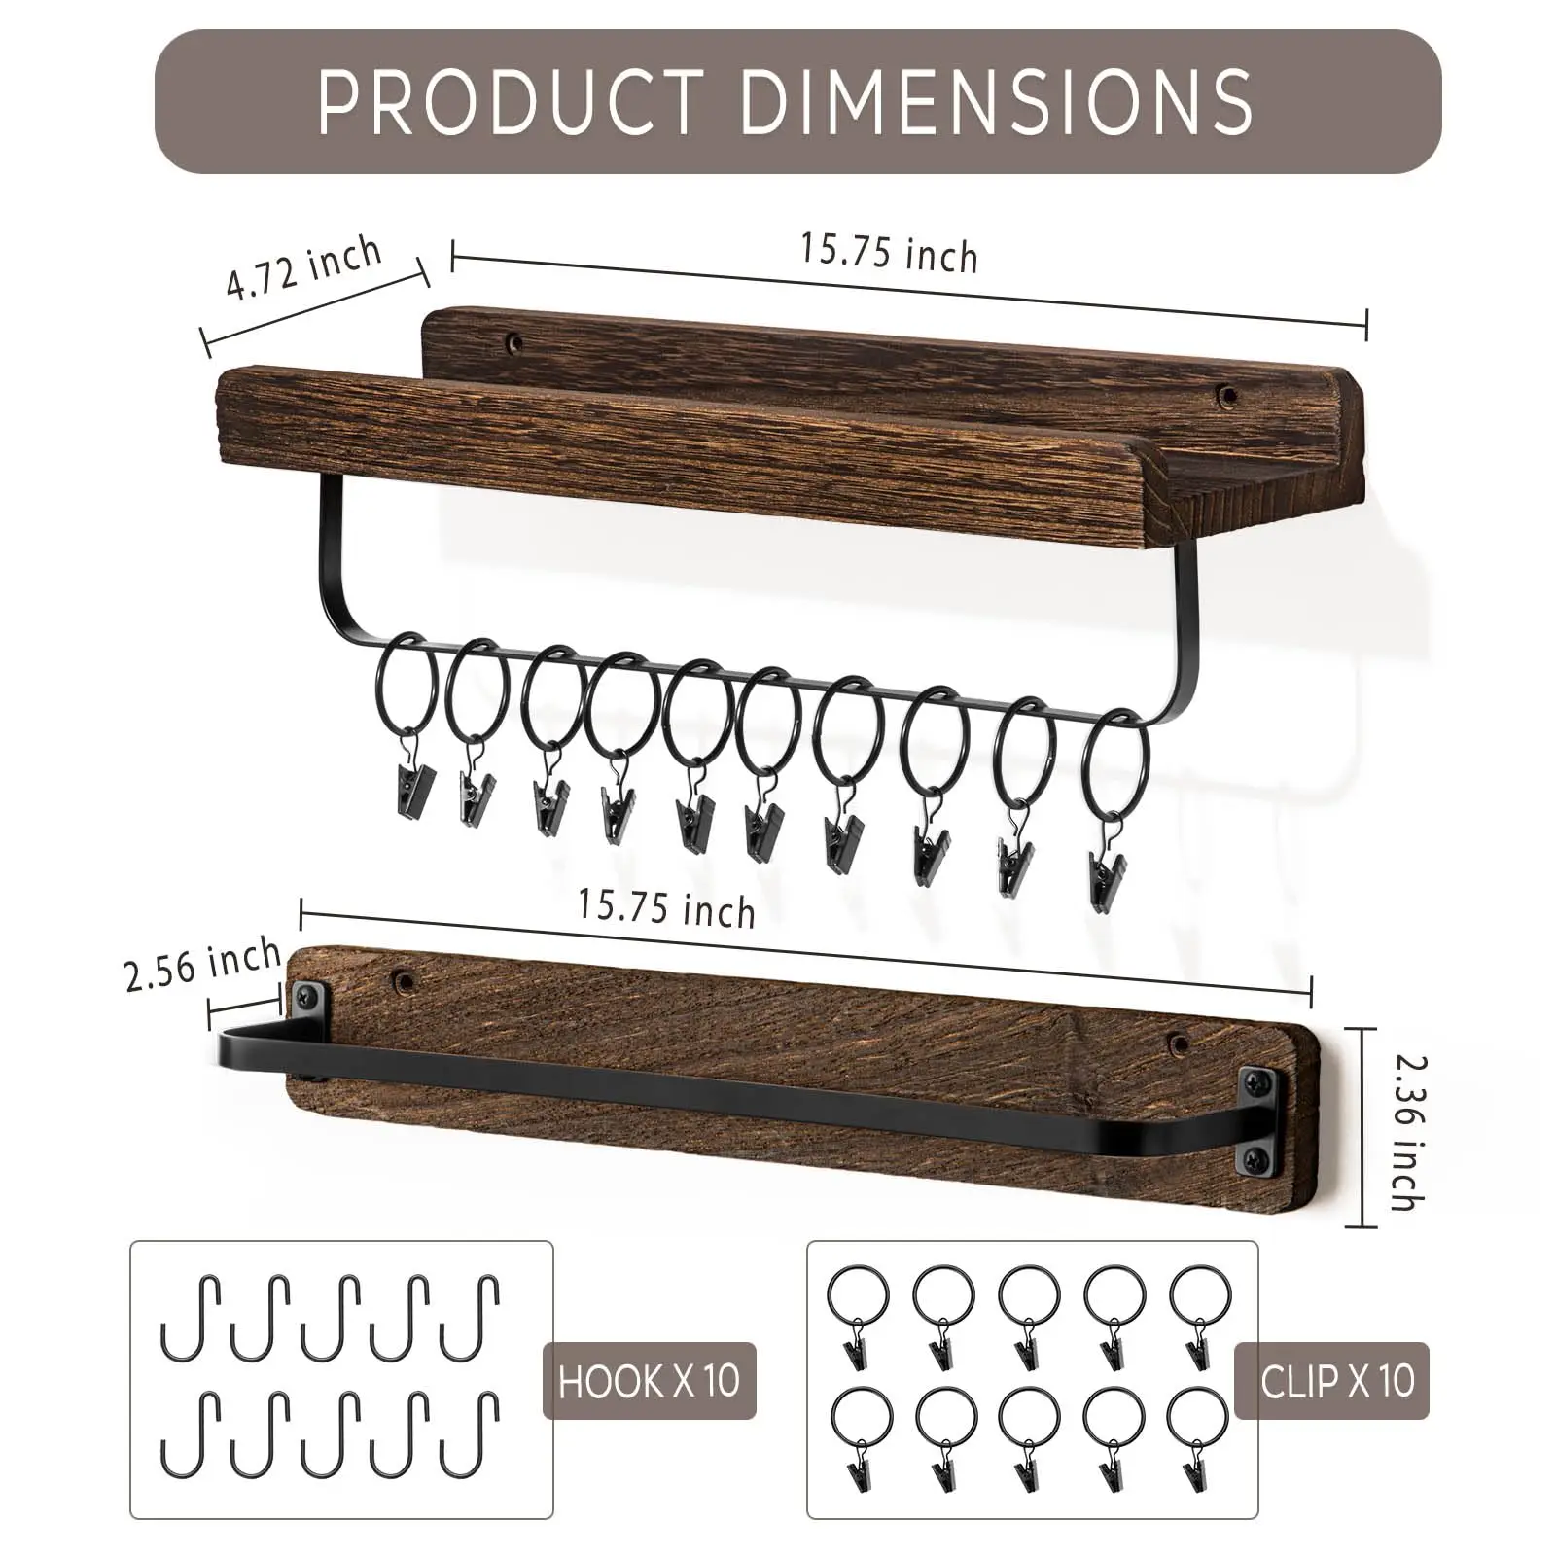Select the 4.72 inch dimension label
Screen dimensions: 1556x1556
coord(304,267)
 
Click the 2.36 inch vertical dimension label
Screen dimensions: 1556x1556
coord(1407,1132)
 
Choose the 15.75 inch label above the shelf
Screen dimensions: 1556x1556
coord(889,252)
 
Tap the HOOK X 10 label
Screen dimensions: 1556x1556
coord(649,1380)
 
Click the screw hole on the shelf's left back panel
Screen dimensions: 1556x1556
coord(513,342)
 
